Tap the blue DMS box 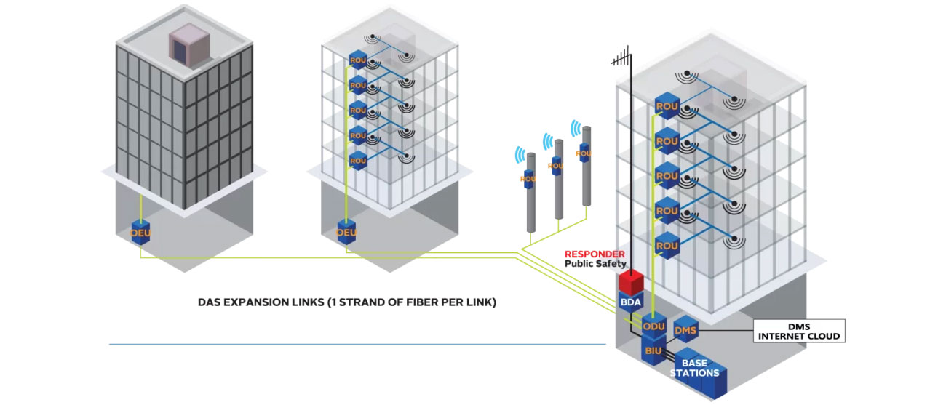coord(686,331)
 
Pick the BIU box coord(653,351)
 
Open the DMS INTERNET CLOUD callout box coord(798,331)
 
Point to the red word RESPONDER coord(595,254)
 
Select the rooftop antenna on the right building coord(623,57)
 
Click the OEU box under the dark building coord(140,232)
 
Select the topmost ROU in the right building coord(667,106)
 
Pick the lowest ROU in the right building coord(667,246)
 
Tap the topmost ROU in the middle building coord(358,60)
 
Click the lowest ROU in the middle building coord(358,160)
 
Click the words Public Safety coord(595,264)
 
